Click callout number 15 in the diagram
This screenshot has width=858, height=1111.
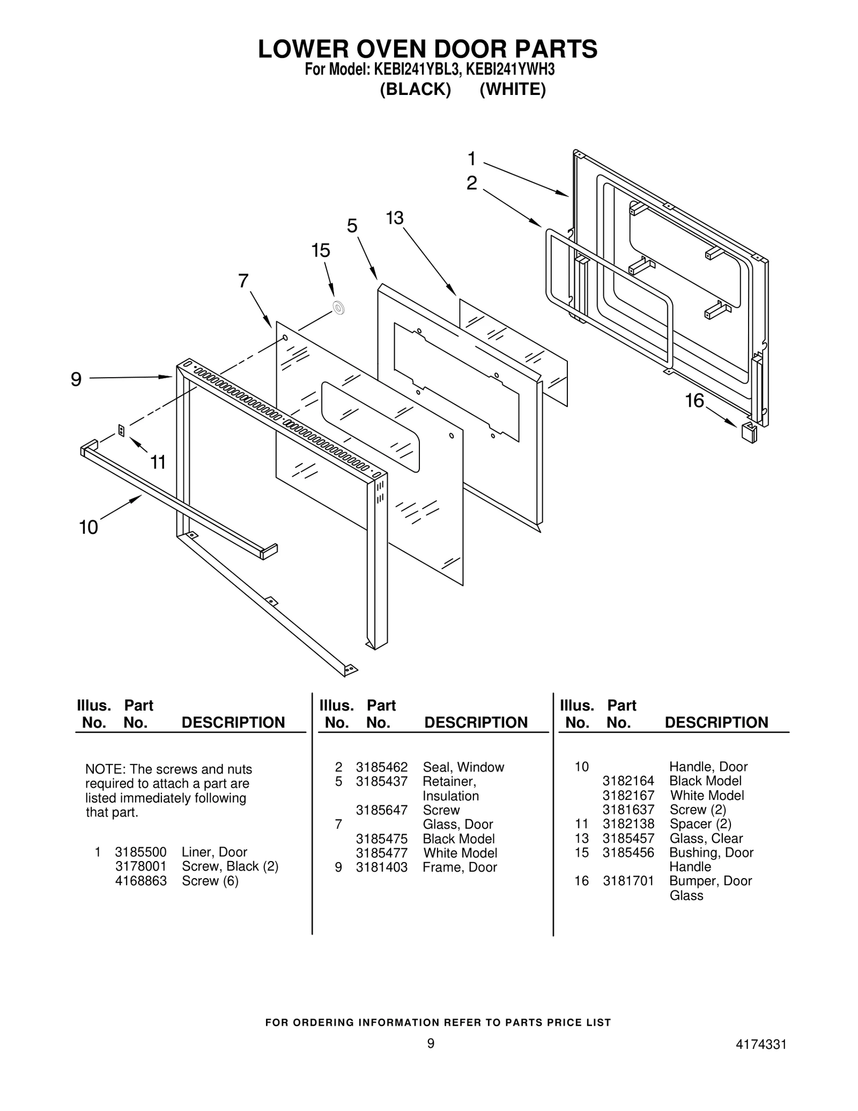[x=321, y=251]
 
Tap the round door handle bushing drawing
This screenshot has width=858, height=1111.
[x=338, y=308]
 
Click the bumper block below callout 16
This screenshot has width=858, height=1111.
[x=749, y=432]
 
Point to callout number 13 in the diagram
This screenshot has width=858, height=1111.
[x=394, y=218]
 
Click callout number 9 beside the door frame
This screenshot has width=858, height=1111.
[x=76, y=380]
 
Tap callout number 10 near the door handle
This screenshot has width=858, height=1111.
[x=88, y=527]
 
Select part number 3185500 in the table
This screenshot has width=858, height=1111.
[x=140, y=852]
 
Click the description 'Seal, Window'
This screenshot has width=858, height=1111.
[x=463, y=767]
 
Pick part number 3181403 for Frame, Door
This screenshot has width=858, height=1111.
[x=381, y=867]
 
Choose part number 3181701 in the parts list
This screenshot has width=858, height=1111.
[x=628, y=881]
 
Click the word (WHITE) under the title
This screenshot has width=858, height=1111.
[x=512, y=90]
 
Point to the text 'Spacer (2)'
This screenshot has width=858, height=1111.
[x=700, y=823]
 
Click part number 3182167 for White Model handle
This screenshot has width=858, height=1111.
[x=628, y=795]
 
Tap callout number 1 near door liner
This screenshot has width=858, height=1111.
[x=471, y=159]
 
